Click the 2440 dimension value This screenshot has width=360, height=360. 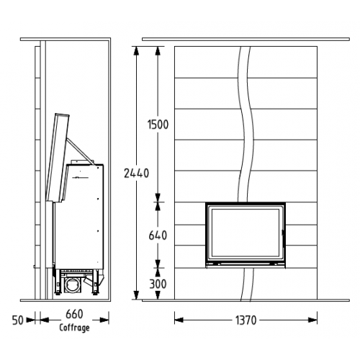tap(136, 173)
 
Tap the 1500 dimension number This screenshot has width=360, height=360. tap(158, 125)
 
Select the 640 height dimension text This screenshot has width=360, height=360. tap(158, 235)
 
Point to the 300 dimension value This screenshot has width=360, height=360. tap(158, 284)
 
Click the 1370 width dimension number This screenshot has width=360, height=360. tap(246, 320)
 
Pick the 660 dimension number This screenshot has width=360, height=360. tap(74, 314)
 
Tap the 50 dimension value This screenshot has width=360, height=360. tap(18, 320)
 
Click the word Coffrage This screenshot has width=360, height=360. tap(74, 328)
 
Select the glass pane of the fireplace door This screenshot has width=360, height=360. tap(246, 232)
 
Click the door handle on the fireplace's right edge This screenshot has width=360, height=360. tap(283, 233)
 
